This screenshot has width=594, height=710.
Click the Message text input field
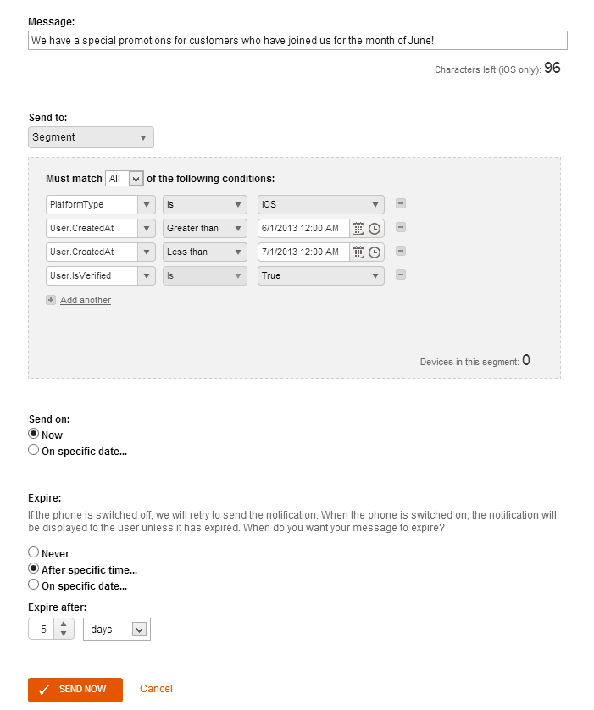[297, 41]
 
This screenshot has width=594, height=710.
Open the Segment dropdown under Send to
[91, 137]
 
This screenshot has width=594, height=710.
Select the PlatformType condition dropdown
[100, 204]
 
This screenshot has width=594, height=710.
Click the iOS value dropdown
[320, 204]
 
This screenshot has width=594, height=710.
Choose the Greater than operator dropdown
[204, 228]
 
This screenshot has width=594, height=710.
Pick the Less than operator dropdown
[204, 252]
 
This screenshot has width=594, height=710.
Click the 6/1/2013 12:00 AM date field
[303, 228]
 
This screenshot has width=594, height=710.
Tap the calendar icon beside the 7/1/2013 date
[358, 252]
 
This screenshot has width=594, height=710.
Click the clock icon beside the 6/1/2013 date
[375, 228]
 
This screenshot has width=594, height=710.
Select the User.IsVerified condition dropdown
[100, 275]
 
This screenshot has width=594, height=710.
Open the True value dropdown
[320, 275]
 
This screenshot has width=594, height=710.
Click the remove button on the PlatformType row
[401, 203]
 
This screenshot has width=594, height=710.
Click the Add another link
[85, 300]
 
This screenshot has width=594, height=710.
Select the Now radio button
[34, 434]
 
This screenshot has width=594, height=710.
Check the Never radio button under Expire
[34, 552]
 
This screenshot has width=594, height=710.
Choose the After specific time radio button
[34, 569]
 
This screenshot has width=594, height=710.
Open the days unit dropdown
[116, 629]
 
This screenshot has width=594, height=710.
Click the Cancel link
[156, 689]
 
